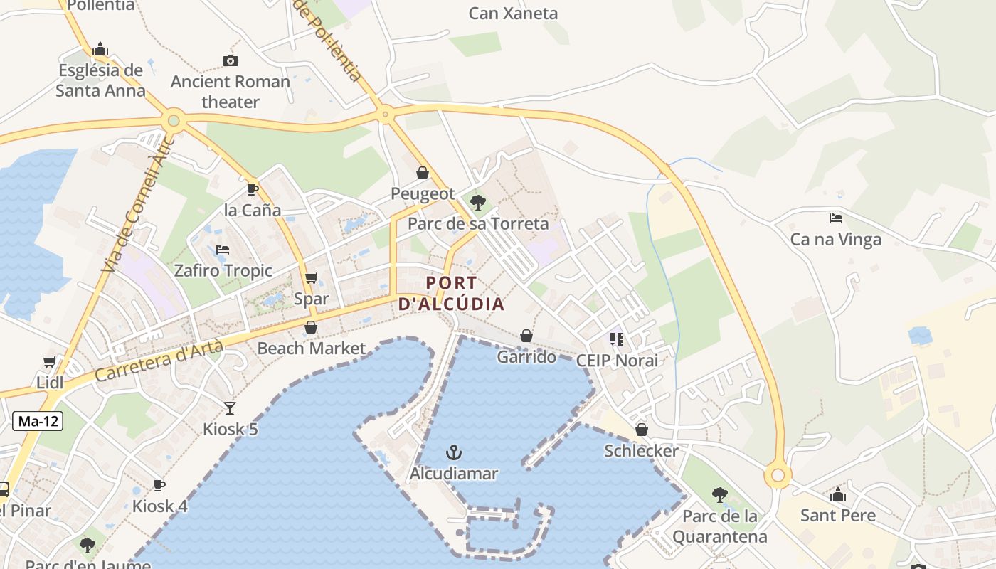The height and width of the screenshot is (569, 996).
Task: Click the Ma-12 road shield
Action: [38, 421]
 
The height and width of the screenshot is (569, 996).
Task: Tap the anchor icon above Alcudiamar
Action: [453, 452]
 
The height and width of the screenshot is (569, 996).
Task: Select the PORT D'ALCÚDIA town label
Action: [451, 293]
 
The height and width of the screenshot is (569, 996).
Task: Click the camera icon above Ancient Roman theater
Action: [230, 60]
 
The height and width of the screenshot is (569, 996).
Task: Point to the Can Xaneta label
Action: [513, 13]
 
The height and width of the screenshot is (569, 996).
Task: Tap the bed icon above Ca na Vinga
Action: [836, 218]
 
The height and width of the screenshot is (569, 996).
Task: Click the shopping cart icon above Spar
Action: [311, 277]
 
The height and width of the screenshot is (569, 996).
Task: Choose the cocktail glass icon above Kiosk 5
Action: [230, 408]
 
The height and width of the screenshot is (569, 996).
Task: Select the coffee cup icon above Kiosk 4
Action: [159, 485]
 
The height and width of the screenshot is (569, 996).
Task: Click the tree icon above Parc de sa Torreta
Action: [478, 203]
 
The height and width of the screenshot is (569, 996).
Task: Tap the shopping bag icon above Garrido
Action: [526, 336]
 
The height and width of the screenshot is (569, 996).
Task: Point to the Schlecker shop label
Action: [641, 451]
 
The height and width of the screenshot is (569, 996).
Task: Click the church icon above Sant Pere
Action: [838, 494]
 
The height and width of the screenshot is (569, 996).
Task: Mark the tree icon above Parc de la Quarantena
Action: [719, 495]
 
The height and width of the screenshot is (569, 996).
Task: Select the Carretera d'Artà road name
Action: [159, 361]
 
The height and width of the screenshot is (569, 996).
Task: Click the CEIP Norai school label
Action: [617, 360]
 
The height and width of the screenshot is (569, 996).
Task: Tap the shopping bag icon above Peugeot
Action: [423, 173]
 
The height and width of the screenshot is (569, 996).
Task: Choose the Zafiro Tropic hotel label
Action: [223, 270]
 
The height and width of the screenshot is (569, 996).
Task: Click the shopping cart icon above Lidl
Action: [49, 362]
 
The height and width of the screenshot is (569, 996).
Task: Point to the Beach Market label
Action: [311, 349]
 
